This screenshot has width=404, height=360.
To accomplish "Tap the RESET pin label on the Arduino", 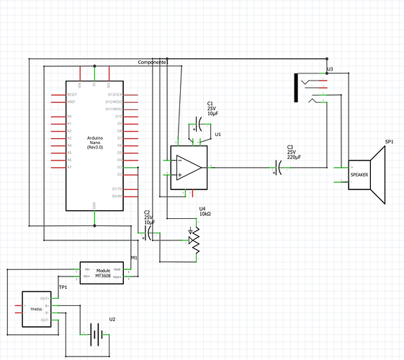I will [73, 94].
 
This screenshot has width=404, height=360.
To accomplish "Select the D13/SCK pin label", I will [115, 94].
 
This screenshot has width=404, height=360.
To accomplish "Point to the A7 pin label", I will [69, 167].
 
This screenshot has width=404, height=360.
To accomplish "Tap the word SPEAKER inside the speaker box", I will [359, 175].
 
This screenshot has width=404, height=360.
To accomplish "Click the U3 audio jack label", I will [329, 69].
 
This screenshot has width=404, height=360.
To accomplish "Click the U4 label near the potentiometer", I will [202, 209].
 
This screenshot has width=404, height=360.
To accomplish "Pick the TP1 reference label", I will [63, 287].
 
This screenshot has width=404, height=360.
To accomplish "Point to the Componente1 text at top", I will [153, 63].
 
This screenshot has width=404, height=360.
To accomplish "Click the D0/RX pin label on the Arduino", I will [116, 196].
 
